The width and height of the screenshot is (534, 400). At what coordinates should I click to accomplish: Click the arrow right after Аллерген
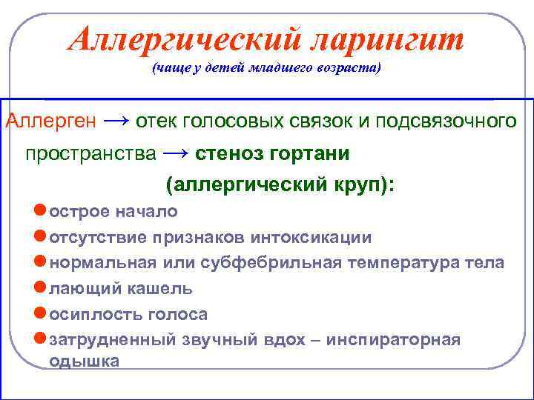coord(116,121)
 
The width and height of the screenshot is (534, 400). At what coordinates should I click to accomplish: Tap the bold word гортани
coord(311,155)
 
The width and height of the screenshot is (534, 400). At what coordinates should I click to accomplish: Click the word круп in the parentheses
coord(349,184)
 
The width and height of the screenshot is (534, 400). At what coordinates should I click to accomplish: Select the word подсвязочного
coord(445,121)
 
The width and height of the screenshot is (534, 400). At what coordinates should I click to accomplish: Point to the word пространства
coord(91,155)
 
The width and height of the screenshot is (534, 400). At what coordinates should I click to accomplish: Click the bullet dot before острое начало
coord(41,211)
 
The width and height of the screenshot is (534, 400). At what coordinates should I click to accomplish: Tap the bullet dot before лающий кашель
coord(41,288)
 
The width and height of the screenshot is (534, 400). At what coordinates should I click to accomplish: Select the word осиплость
coord(86,315)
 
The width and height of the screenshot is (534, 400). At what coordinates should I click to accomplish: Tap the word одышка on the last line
coord(83,361)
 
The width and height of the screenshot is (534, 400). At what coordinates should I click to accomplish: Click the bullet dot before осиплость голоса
coord(41,314)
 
